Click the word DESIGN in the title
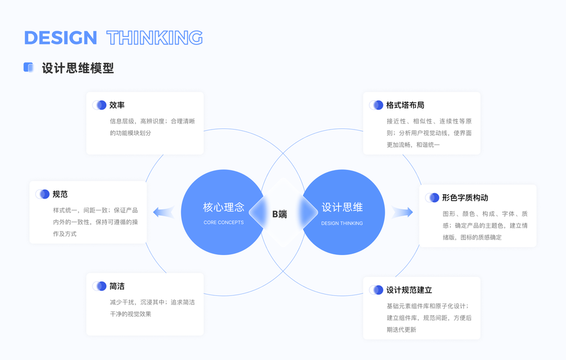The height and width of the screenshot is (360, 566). coord(60,38)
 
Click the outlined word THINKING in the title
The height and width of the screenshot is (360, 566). coord(155,38)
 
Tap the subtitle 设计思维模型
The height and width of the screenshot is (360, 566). coord(78,68)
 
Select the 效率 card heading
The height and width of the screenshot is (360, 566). coord(117,105)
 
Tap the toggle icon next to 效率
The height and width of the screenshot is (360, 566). coord(99,105)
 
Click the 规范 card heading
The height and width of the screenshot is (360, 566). coord(60,194)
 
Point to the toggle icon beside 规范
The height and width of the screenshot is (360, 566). coord(42,194)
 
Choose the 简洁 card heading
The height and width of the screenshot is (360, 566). coord(117,286)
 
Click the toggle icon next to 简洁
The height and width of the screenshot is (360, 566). coord(99,286)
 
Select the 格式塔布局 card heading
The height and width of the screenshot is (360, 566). coord(405,105)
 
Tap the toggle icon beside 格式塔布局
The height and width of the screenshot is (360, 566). coord(376,105)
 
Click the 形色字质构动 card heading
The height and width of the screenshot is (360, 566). coord(465,197)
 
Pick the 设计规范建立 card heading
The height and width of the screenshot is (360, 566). coord(409,290)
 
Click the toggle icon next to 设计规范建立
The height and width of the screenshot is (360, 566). coord(376,290)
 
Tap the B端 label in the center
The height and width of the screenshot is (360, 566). coord(280,214)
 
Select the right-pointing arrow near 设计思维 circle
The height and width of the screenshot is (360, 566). coord(403,212)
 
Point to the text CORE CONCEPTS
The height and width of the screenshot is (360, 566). coord(223,223)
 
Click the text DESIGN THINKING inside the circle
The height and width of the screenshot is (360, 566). coord(342,223)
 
